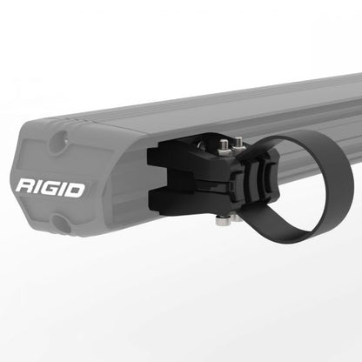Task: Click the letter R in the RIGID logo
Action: click(x=25, y=187)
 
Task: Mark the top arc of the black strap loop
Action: click(x=296, y=137)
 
